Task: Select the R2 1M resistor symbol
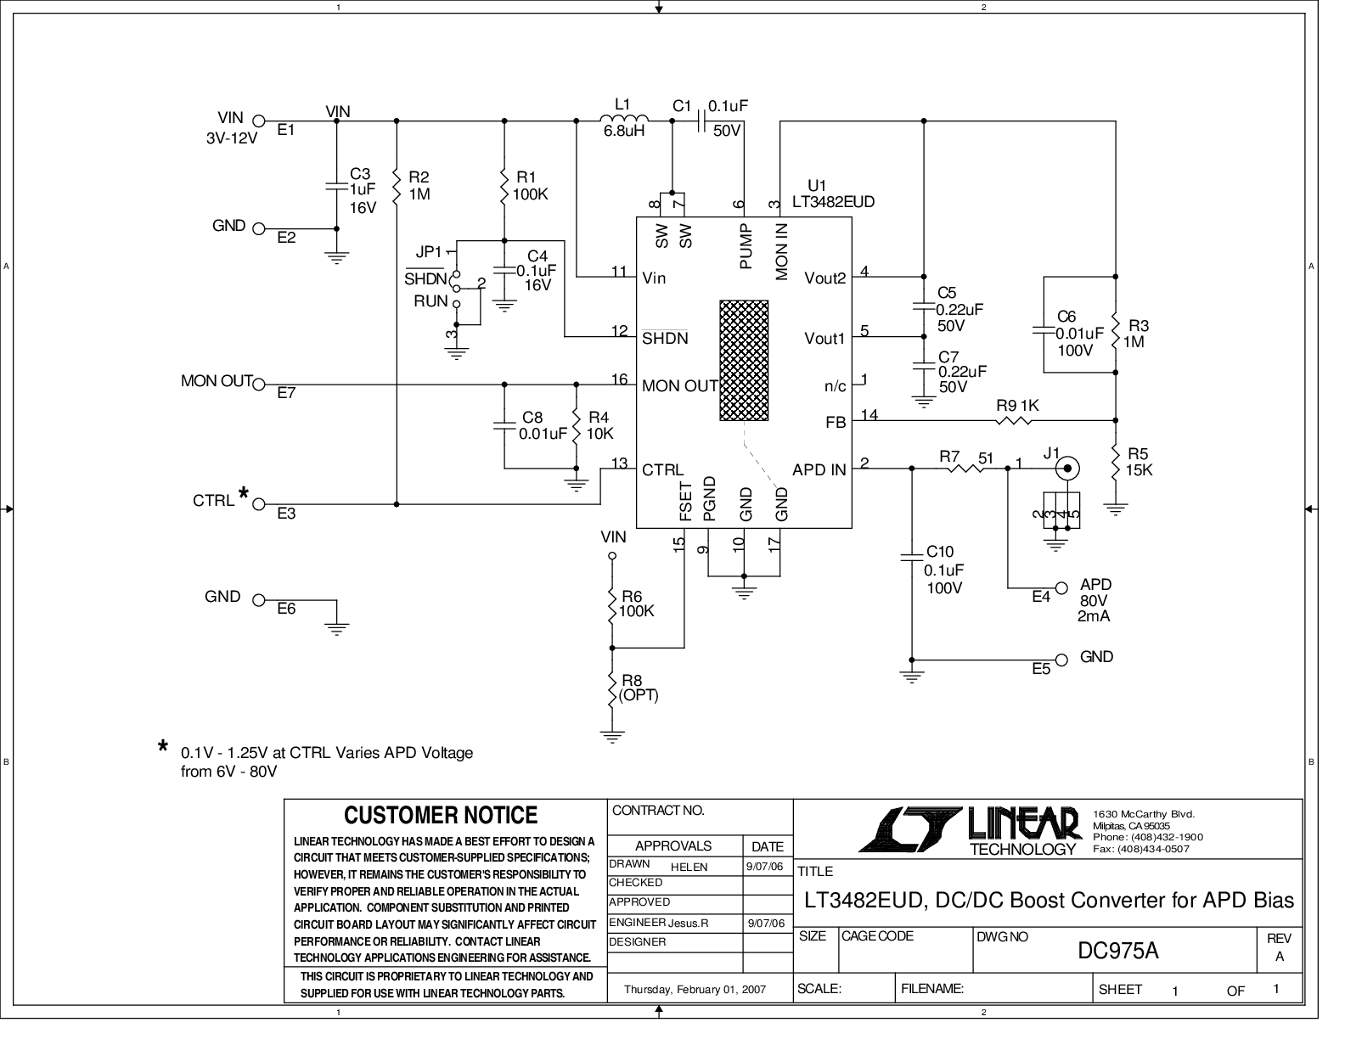pyautogui.click(x=397, y=185)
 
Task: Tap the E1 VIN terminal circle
pyautogui.click(x=259, y=121)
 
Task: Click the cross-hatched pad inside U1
pyautogui.click(x=743, y=361)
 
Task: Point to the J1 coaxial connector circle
pyautogui.click(x=1067, y=469)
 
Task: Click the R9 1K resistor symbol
pyautogui.click(x=1013, y=421)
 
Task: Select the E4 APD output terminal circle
pyautogui.click(x=1061, y=588)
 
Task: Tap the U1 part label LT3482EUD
pyautogui.click(x=833, y=202)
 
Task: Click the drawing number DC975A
pyautogui.click(x=1117, y=951)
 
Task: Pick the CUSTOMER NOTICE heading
pyautogui.click(x=441, y=815)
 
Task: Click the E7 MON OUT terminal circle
pyautogui.click(x=259, y=385)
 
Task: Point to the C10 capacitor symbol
pyautogui.click(x=911, y=556)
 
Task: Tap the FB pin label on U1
pyautogui.click(x=836, y=422)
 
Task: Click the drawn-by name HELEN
pyautogui.click(x=689, y=867)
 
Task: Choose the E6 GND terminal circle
pyautogui.click(x=259, y=600)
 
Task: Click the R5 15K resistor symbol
pyautogui.click(x=1116, y=463)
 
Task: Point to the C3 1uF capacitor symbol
pyautogui.click(x=337, y=186)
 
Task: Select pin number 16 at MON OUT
pyautogui.click(x=620, y=379)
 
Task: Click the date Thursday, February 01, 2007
pyautogui.click(x=695, y=989)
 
